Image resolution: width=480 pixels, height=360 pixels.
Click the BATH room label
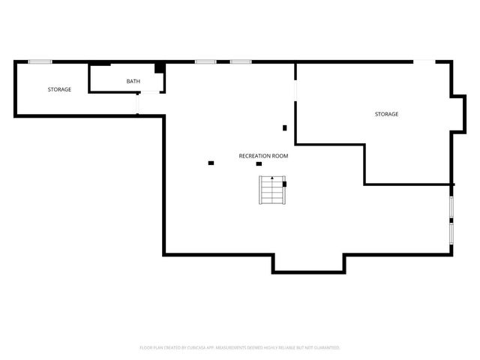coord(133,81)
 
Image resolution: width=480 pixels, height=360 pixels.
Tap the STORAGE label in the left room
coord(60,90)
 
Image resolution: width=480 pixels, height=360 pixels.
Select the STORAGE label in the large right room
coord(387,114)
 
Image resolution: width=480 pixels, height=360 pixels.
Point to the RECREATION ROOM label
coord(263,156)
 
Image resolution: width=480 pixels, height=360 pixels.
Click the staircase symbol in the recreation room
coord(272,190)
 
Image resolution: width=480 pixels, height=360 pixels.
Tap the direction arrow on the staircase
coord(272,178)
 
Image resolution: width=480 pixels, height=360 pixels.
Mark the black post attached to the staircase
coord(284,184)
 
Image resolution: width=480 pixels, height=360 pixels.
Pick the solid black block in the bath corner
coord(160,68)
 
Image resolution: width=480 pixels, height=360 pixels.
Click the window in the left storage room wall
coord(40,61)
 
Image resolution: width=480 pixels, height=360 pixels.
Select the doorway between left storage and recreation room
coord(137,103)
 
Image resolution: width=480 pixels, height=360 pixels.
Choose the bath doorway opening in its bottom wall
coord(150,92)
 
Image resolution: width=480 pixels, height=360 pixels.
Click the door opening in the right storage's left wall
coord(295,90)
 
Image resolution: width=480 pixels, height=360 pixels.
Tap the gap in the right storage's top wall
coord(424,61)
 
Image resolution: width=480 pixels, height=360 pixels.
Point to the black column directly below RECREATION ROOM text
coord(259,164)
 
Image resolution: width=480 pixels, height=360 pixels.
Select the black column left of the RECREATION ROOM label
coord(211,163)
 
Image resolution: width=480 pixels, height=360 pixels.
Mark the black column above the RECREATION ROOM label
coord(284,127)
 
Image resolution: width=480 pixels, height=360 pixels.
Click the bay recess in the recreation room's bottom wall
coord(308,262)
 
